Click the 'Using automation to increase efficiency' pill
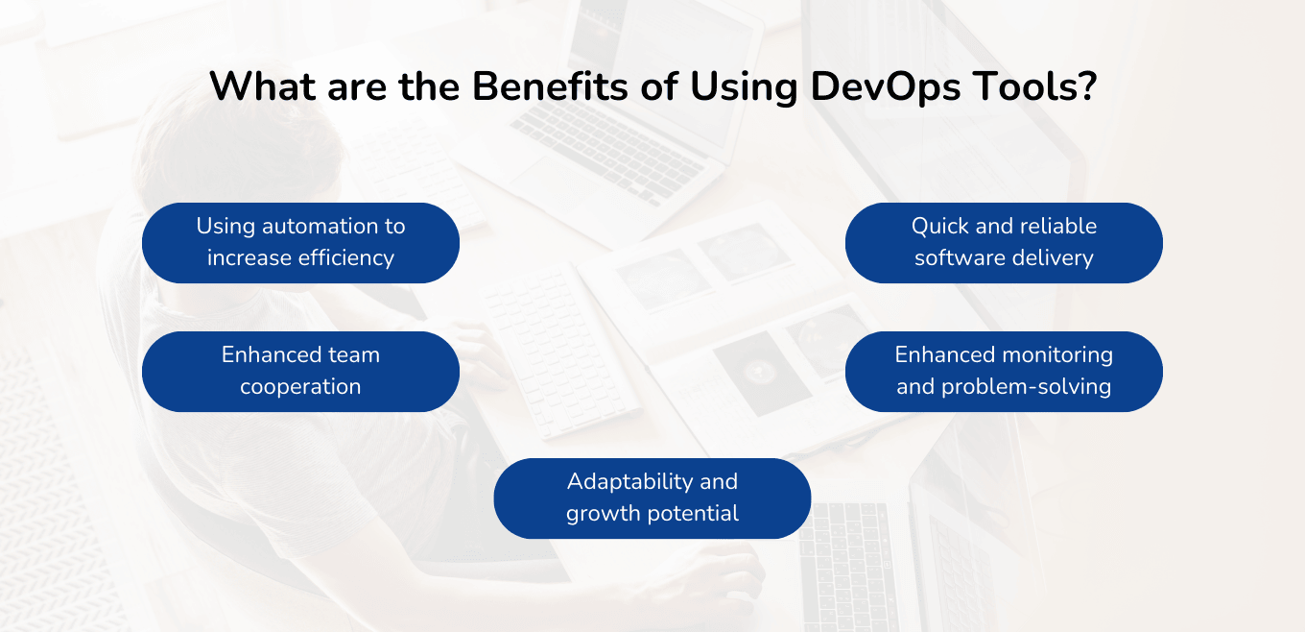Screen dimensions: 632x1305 (x=300, y=242)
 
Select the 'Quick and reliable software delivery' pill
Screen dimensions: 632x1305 (x=1004, y=242)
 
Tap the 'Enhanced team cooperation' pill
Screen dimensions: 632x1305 (x=300, y=371)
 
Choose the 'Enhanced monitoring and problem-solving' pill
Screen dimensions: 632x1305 (x=1004, y=371)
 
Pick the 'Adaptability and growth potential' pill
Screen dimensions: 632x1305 (x=652, y=498)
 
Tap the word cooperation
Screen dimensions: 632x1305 (x=300, y=387)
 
